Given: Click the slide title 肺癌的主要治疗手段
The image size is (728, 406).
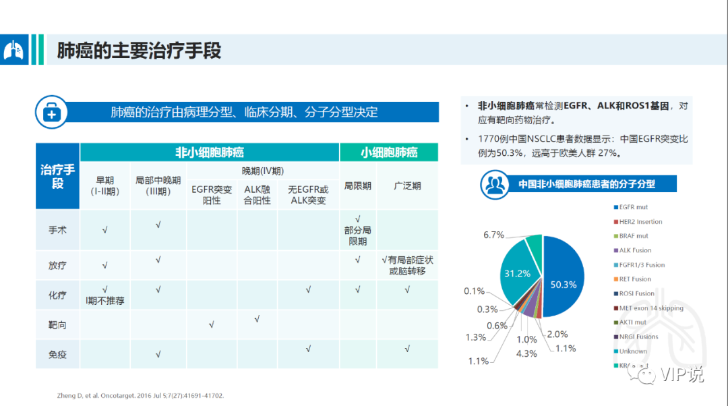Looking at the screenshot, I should click(139, 51).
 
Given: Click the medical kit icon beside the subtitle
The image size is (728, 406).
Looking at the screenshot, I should click(51, 112).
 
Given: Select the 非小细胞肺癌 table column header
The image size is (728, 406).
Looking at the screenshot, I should click(209, 152).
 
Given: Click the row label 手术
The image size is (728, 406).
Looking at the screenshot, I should click(57, 230).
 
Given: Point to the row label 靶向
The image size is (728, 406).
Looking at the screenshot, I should click(57, 325).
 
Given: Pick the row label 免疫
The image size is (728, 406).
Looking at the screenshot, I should click(57, 353).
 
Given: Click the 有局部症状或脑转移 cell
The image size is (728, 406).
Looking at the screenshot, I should click(407, 266).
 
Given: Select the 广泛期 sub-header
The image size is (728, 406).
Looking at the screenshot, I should click(407, 185).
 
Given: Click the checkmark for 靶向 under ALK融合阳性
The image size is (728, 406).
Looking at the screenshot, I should click(257, 319).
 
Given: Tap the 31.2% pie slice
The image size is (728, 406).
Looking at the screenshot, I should click(518, 273).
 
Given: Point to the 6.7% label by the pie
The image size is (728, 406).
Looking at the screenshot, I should click(493, 235).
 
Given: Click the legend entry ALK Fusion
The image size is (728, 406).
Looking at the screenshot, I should click(635, 250).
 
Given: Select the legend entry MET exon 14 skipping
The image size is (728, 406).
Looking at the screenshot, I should click(650, 308).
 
